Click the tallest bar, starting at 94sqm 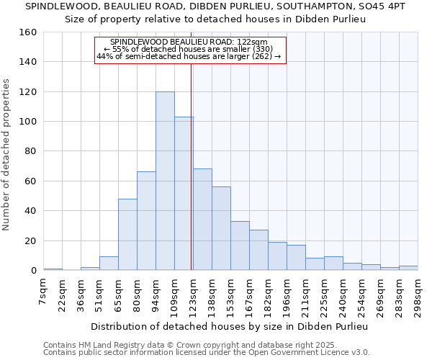pos(165,181)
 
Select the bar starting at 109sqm pos(184,194)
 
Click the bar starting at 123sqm pos(202,220)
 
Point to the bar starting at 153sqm pos(240,246)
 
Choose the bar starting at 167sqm pos(258,250)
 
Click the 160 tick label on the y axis pos(28,32)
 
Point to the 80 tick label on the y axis pos(31,151)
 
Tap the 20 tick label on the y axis pos(31,241)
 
